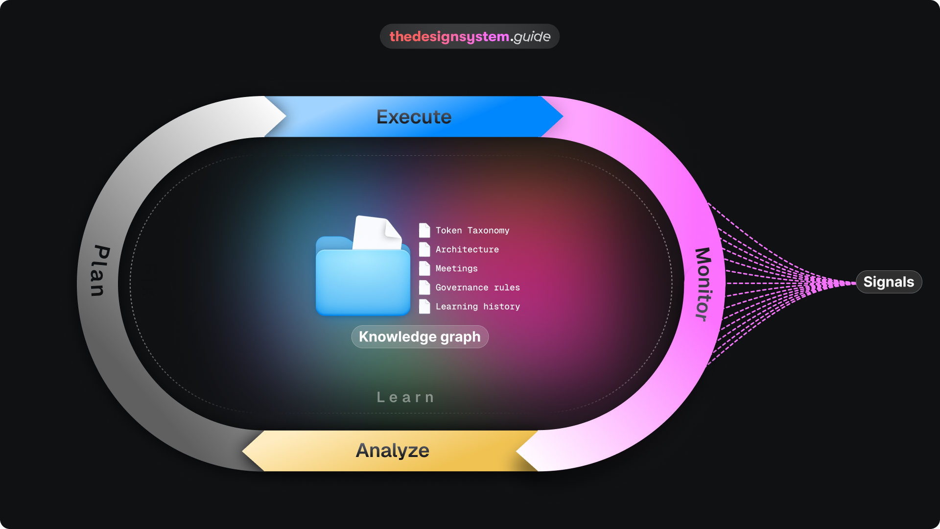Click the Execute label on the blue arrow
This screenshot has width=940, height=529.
414,117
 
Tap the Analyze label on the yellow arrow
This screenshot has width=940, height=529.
392,451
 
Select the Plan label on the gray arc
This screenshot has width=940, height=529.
99,271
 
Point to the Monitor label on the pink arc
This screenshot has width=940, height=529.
703,284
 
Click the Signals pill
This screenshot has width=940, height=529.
889,282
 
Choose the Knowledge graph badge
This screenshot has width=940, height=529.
420,337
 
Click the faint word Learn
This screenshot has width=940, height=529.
405,397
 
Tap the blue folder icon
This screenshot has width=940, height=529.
363,282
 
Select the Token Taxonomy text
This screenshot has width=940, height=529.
472,231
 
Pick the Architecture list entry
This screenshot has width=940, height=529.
467,250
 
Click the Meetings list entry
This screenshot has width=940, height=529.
456,269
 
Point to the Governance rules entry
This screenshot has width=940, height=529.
477,288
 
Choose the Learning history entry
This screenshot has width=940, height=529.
477,307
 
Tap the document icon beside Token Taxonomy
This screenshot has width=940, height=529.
424,230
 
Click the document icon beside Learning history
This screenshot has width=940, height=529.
424,307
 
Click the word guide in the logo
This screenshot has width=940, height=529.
532,37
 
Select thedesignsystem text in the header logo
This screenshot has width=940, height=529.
449,37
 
